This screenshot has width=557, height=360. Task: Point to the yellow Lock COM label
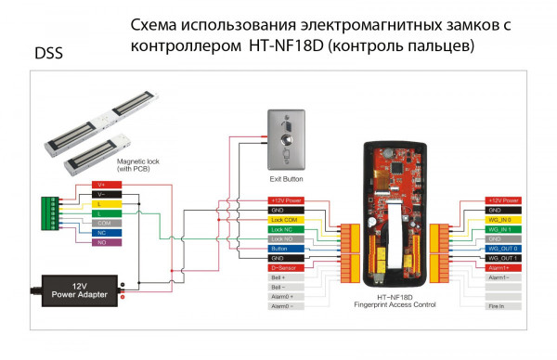(286, 219)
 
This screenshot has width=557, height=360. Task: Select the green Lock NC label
(286, 228)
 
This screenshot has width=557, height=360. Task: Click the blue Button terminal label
(286, 249)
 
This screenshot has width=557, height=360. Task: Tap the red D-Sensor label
(286, 267)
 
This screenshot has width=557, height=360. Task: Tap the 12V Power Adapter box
(79, 289)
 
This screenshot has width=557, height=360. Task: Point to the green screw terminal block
(51, 214)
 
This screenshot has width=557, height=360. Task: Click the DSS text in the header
(48, 54)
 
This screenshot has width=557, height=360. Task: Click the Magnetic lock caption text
(140, 164)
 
